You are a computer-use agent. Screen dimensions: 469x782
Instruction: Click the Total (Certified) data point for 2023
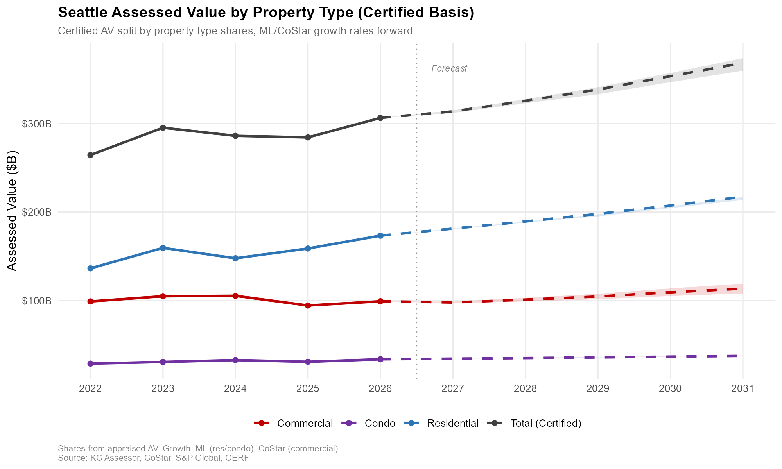pos(163,128)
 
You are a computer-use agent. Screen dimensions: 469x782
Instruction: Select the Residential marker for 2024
pos(235,258)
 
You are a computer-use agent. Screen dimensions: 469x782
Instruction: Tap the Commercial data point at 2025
pos(308,306)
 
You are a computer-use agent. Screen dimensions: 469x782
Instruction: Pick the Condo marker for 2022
pos(90,364)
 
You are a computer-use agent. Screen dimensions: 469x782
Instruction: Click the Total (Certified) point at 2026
pos(380,118)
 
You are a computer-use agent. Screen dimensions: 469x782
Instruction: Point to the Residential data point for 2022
pos(90,269)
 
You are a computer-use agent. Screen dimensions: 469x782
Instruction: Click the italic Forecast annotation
pos(449,69)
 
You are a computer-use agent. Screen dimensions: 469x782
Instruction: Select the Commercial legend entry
pos(294,423)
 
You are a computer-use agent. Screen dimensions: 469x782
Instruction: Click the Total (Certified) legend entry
pos(535,423)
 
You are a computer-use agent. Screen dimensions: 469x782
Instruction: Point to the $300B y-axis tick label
pos(37,124)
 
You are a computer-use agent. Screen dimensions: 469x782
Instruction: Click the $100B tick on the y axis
pos(37,301)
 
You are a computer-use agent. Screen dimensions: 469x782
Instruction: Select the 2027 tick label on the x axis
pos(453,389)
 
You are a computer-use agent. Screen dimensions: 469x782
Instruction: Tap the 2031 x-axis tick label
pos(743,389)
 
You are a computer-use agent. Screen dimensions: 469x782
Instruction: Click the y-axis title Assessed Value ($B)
pos(13,211)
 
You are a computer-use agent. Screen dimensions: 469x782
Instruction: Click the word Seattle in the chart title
pos(83,13)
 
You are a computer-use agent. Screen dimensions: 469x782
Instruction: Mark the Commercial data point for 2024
pos(235,296)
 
